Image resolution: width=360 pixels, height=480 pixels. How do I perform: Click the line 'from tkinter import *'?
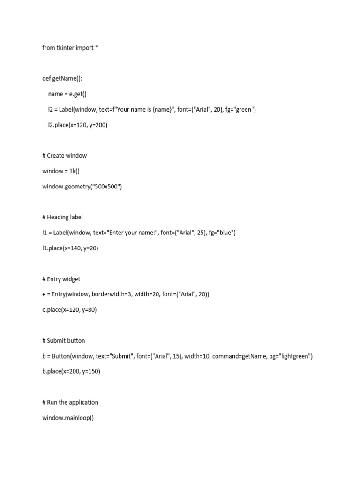click(x=70, y=48)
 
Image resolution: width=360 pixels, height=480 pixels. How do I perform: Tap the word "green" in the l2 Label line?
click(x=244, y=110)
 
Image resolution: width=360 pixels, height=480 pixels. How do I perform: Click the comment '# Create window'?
click(x=64, y=156)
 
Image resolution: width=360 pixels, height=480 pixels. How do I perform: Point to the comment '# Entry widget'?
click(x=61, y=279)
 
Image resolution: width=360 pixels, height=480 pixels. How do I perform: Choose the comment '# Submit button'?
click(x=63, y=341)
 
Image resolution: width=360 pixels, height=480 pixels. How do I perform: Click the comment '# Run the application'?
click(x=70, y=403)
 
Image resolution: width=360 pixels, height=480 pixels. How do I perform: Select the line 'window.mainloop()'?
click(x=68, y=418)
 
